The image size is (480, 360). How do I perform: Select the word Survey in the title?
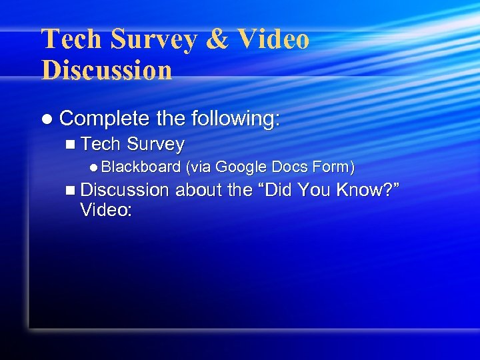coord(154,39)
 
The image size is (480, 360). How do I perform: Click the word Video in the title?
coord(273,39)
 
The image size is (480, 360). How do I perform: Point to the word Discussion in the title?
coord(107,69)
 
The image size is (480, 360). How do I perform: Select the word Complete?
coord(104,119)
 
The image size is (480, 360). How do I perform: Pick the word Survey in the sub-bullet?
coord(155,144)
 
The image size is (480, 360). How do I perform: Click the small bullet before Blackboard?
coord(95,167)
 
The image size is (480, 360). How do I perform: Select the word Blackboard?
coord(142,167)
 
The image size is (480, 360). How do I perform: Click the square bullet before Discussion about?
coord(71,191)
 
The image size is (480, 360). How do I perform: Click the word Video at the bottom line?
coord(105,210)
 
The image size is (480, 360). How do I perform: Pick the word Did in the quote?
coord(279,190)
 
